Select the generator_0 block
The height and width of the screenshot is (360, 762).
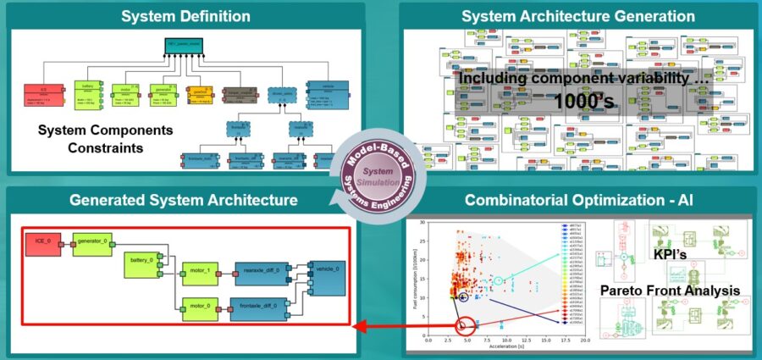click(92, 241)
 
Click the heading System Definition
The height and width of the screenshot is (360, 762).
click(185, 16)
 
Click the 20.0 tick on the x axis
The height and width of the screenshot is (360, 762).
click(585, 341)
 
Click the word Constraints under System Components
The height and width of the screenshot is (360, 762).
click(81, 148)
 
